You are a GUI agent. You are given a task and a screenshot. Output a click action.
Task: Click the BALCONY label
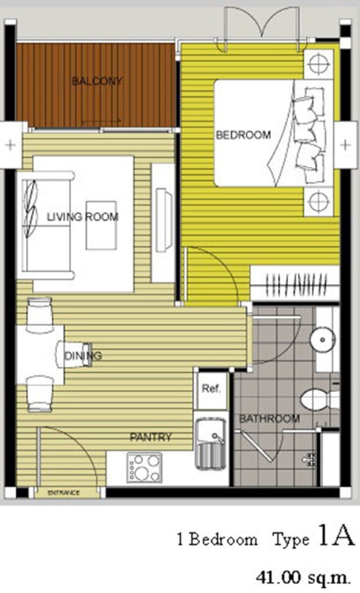click(x=97, y=81)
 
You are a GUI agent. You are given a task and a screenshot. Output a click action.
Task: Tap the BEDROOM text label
click(x=243, y=135)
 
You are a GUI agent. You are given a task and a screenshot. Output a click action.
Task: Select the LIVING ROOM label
click(x=82, y=216)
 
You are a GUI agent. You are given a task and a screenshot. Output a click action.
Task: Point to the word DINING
click(x=83, y=356)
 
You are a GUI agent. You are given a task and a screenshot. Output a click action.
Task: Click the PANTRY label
click(x=150, y=437)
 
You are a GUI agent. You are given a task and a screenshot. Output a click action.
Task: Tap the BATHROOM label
click(x=270, y=419)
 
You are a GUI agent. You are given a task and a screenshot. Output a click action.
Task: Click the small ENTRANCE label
click(x=64, y=493)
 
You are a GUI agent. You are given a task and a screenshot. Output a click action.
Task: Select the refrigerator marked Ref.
click(x=211, y=391)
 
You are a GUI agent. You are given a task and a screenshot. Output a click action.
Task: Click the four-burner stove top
click(x=144, y=468)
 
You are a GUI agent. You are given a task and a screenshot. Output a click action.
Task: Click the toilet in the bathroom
click(x=319, y=400)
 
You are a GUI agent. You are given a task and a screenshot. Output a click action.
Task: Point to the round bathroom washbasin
click(x=322, y=339)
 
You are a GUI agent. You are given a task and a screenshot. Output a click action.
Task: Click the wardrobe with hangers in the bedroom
click(x=295, y=283)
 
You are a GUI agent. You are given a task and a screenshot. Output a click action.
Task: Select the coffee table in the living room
click(x=101, y=225)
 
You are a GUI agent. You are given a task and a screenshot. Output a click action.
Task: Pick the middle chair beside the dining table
click(x=74, y=354)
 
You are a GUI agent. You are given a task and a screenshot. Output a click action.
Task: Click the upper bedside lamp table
click(x=319, y=64)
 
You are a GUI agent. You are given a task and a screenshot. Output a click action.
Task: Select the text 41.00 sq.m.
click(x=304, y=577)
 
